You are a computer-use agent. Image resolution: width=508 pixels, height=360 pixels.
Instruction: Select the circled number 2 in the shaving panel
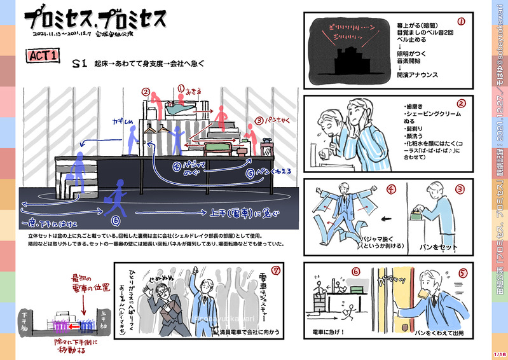pyautogui.click(x=462, y=104)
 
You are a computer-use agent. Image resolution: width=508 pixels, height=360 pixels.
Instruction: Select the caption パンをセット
pyautogui.click(x=432, y=245)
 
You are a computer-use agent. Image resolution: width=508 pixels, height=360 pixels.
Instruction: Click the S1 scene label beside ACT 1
pyautogui.click(x=79, y=63)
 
